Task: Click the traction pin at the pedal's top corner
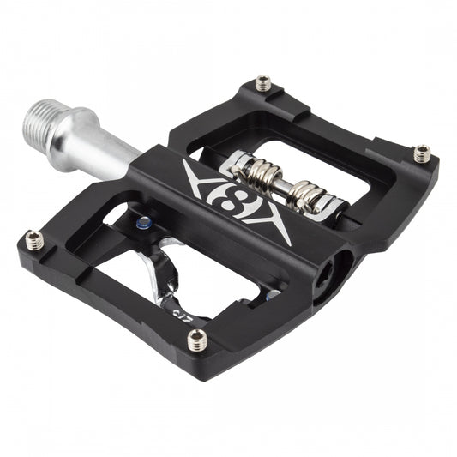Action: (x=262, y=84)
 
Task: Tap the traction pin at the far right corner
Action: (x=421, y=154)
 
